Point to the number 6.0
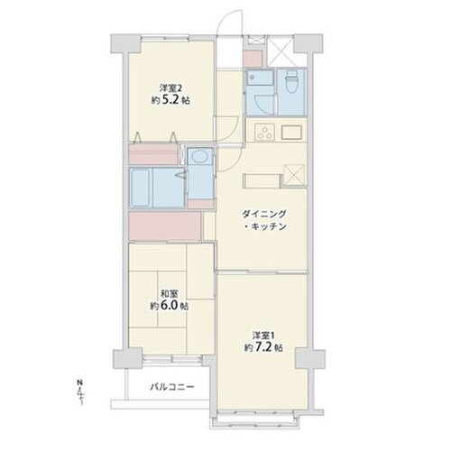(170, 306)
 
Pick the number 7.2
(263, 347)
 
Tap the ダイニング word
(263, 215)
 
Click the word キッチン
(268, 226)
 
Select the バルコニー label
(172, 387)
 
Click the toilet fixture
(291, 82)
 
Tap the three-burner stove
(264, 133)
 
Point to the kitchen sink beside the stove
(291, 133)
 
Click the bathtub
(140, 188)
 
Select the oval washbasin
(198, 156)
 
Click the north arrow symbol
(80, 392)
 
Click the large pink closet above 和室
(164, 226)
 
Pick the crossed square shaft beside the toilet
(280, 51)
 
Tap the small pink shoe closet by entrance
(253, 59)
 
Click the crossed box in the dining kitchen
(294, 174)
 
